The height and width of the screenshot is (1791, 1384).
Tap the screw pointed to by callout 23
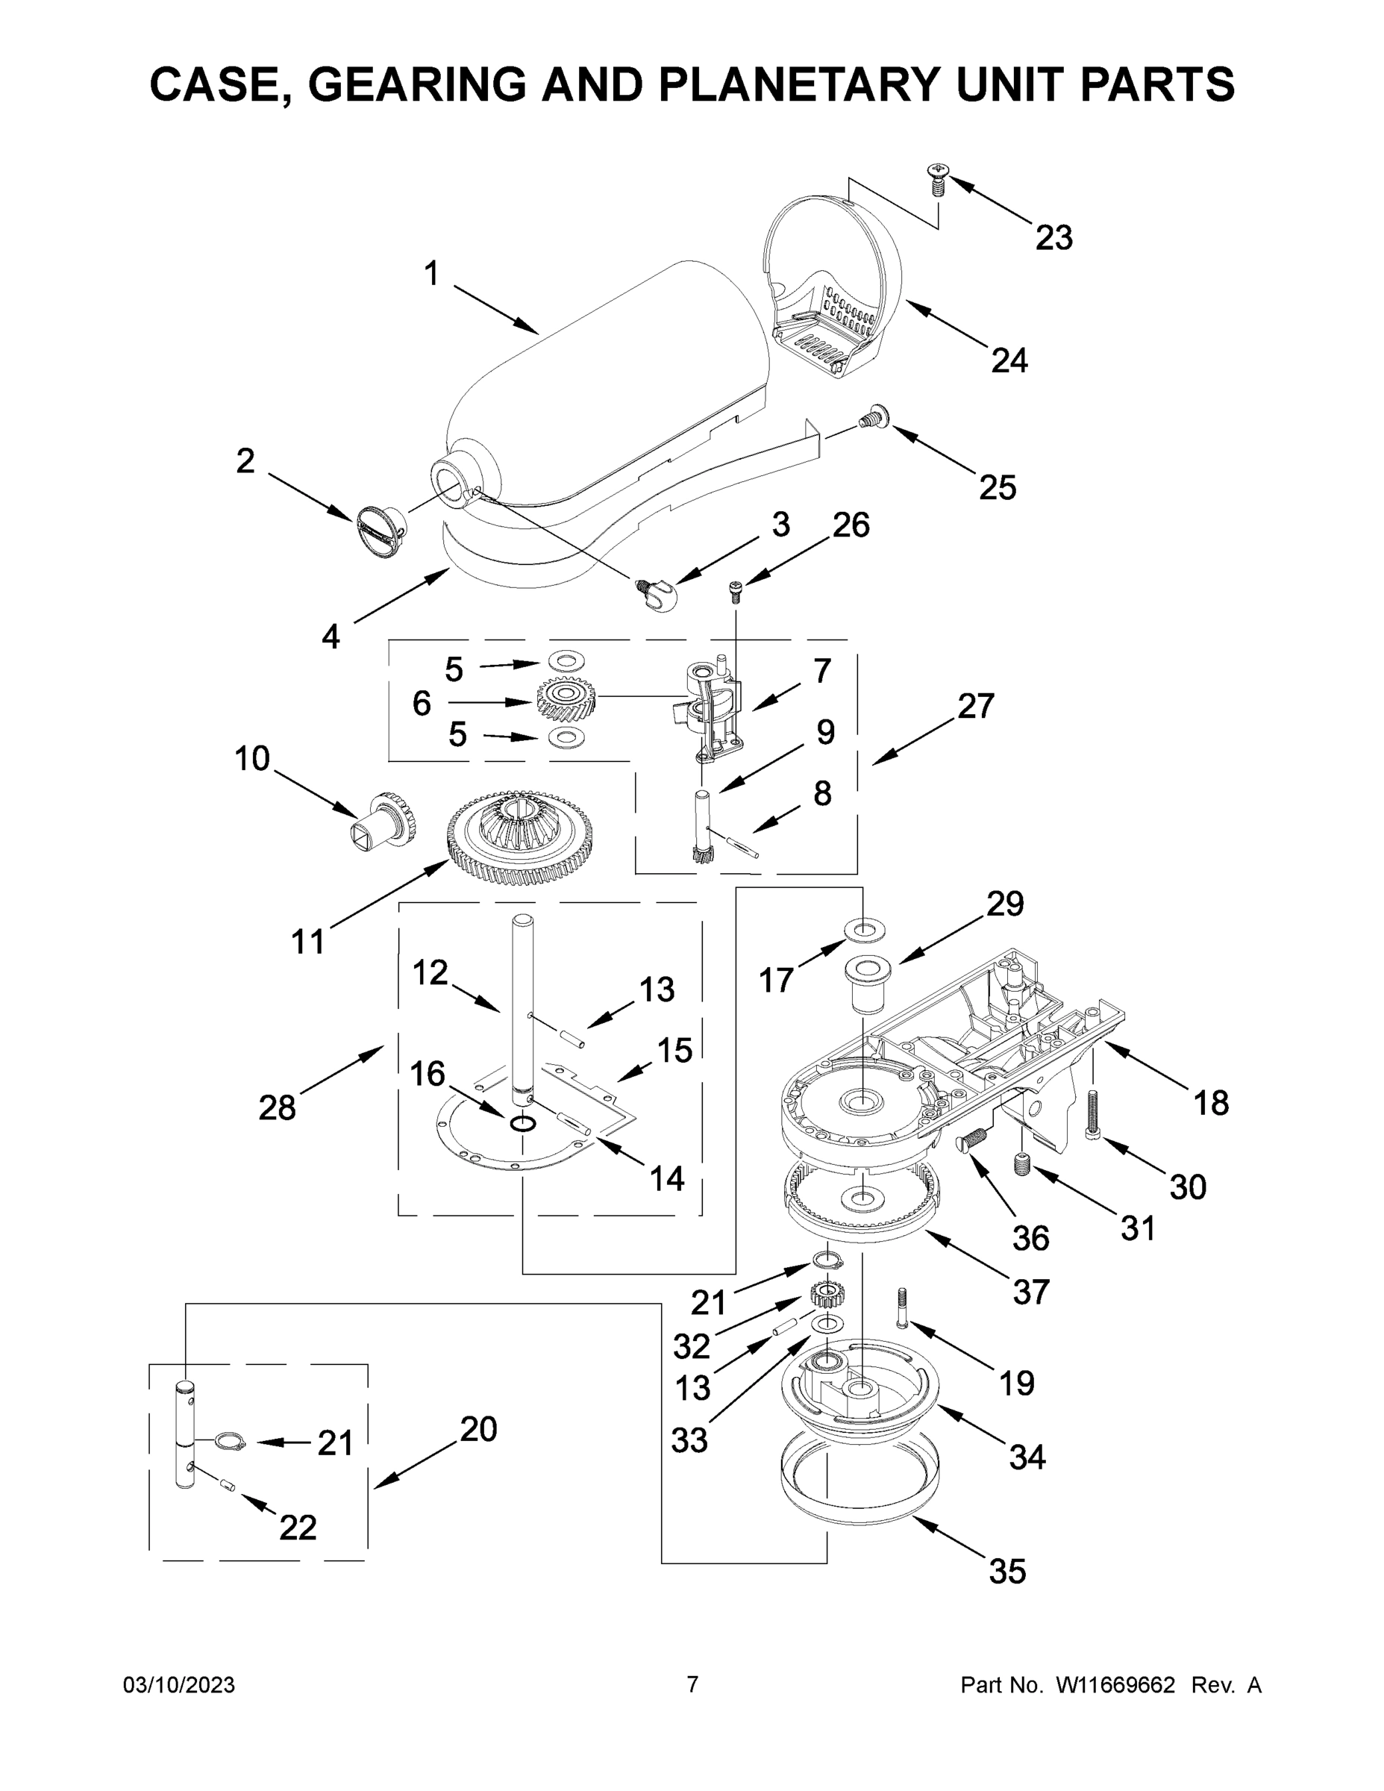click(x=937, y=178)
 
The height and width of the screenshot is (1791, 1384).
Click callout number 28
click(x=276, y=1108)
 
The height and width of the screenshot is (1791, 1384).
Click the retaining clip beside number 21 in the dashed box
click(x=231, y=1441)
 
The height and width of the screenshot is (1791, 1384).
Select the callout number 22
click(x=298, y=1527)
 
